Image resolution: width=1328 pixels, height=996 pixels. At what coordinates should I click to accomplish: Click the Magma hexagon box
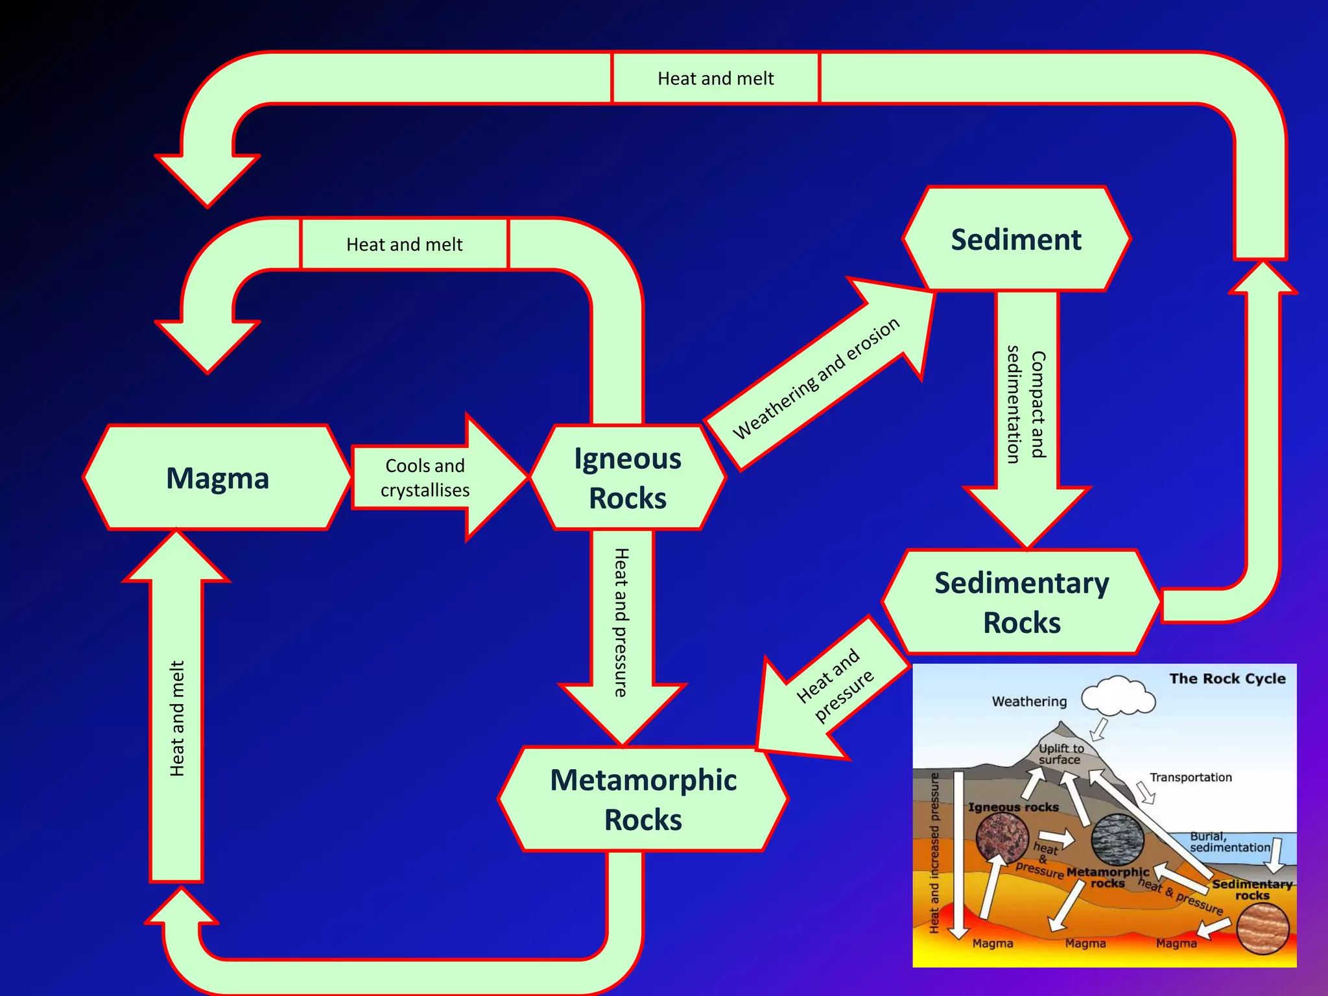[x=217, y=478]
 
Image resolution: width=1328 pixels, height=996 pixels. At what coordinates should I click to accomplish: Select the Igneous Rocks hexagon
[x=627, y=478]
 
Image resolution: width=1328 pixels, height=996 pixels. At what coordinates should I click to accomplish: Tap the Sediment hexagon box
[x=1015, y=239]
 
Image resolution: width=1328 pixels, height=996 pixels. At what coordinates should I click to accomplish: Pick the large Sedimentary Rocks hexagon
[x=1021, y=602]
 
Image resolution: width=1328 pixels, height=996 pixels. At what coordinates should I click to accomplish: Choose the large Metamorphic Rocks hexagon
[x=643, y=799]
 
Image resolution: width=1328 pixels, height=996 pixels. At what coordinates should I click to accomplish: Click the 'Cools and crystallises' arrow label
[x=425, y=478]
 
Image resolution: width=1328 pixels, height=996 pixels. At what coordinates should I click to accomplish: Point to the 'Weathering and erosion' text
[x=816, y=379]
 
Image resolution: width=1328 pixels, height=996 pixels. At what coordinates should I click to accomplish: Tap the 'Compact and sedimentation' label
[x=1026, y=405]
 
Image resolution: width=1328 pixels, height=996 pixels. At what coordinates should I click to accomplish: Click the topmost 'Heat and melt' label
[x=715, y=78]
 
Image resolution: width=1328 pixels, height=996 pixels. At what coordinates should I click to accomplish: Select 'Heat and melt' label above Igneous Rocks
[x=404, y=244]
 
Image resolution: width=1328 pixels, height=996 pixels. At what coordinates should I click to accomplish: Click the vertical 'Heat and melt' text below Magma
[x=177, y=718]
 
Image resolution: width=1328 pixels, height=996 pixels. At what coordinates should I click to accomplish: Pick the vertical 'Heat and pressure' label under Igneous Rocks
[x=621, y=622]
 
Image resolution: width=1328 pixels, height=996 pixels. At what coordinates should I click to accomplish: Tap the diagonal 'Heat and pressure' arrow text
[x=835, y=685]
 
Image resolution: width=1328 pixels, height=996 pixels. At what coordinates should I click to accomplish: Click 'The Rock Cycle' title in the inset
[x=1227, y=679]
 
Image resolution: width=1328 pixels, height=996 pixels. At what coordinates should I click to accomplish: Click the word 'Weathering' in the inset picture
[x=1029, y=702]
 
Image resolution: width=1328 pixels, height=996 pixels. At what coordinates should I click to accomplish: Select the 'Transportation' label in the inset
[x=1191, y=777]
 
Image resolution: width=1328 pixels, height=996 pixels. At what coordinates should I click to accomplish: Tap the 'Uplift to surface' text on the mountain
[x=1061, y=753]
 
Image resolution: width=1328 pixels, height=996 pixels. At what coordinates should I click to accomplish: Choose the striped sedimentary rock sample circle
[x=1262, y=929]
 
